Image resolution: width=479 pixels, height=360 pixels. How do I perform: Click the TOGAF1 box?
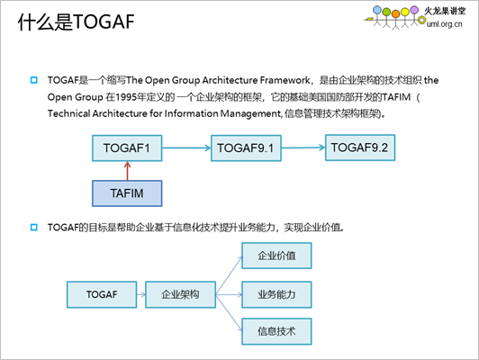click(x=127, y=148)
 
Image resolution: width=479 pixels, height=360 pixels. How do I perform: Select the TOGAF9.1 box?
click(x=246, y=148)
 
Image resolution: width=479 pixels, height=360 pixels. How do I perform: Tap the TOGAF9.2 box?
click(x=360, y=148)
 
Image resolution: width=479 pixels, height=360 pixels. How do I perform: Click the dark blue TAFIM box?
click(x=127, y=193)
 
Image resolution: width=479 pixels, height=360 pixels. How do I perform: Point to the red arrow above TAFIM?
click(x=127, y=171)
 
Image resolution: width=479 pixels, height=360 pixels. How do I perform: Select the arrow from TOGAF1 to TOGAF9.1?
click(x=186, y=148)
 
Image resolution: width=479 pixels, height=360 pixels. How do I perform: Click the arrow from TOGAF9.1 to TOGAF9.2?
click(x=303, y=148)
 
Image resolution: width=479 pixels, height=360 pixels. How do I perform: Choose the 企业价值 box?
click(x=276, y=256)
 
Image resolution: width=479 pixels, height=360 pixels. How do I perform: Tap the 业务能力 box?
click(x=276, y=294)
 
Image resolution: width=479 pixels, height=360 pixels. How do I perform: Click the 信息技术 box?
click(x=276, y=331)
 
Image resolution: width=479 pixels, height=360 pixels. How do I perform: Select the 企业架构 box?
click(x=181, y=294)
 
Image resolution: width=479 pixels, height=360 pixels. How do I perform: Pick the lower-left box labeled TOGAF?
click(x=102, y=294)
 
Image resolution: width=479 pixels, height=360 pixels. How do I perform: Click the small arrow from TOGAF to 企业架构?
click(x=141, y=294)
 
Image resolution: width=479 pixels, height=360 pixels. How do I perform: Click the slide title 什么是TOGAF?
click(x=76, y=22)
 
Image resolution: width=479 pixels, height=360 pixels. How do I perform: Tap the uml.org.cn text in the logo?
click(x=445, y=23)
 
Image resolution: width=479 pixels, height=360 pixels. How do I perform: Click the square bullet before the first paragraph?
click(x=34, y=80)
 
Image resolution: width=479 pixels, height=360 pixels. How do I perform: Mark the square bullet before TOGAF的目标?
click(x=34, y=227)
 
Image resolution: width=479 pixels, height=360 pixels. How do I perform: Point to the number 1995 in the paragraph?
click(x=126, y=97)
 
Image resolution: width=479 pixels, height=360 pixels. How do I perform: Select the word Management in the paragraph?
click(x=250, y=113)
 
